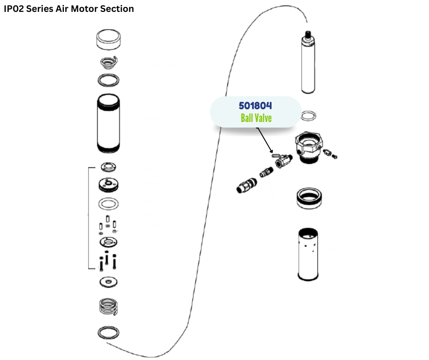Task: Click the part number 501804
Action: click(x=255, y=106)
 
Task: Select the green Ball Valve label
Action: click(x=256, y=118)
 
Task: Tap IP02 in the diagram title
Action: click(x=14, y=9)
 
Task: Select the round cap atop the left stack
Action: click(x=109, y=39)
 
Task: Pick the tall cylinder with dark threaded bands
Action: click(x=109, y=123)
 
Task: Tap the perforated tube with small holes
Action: click(x=308, y=254)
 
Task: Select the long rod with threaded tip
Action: click(x=309, y=64)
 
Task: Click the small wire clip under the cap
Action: click(x=110, y=61)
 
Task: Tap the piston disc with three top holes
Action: click(x=109, y=185)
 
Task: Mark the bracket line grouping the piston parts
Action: click(x=88, y=218)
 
